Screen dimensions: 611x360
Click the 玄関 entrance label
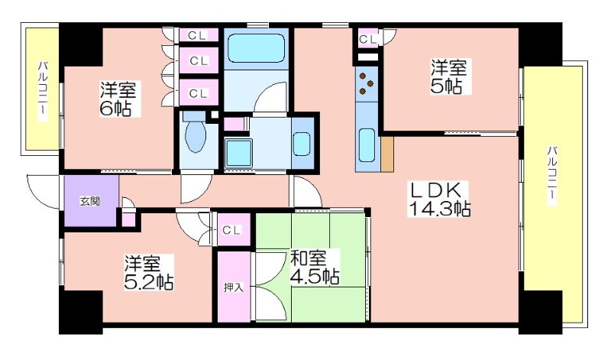click(x=90, y=201)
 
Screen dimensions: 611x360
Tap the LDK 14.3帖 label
click(x=438, y=199)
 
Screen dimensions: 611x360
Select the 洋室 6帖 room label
click(x=118, y=99)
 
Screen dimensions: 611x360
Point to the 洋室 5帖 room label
click(x=448, y=76)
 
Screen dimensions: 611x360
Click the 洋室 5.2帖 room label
click(x=148, y=273)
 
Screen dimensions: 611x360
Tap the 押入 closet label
click(x=234, y=287)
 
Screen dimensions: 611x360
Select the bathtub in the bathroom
click(x=257, y=48)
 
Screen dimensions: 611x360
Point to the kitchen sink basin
click(x=367, y=144)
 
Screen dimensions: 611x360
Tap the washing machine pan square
click(x=239, y=154)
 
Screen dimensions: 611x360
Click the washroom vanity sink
click(x=302, y=144)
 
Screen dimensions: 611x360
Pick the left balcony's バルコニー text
click(x=43, y=89)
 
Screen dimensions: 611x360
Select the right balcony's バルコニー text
click(x=551, y=175)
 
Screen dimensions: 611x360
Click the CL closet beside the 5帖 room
click(x=368, y=39)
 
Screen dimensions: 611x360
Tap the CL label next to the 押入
click(x=231, y=230)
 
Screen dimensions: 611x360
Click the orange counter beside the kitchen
click(x=387, y=154)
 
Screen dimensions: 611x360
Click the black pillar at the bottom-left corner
click(x=81, y=312)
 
